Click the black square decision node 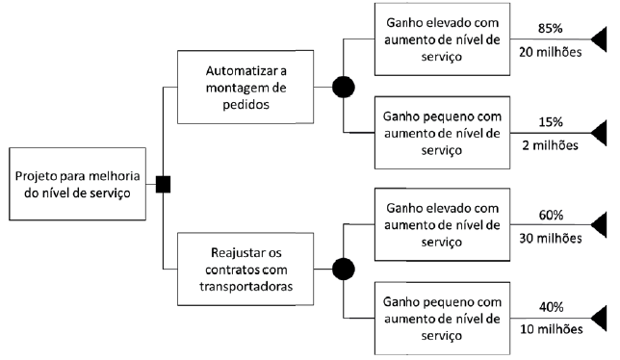tap(164, 183)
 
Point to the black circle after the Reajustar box tap(343, 268)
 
